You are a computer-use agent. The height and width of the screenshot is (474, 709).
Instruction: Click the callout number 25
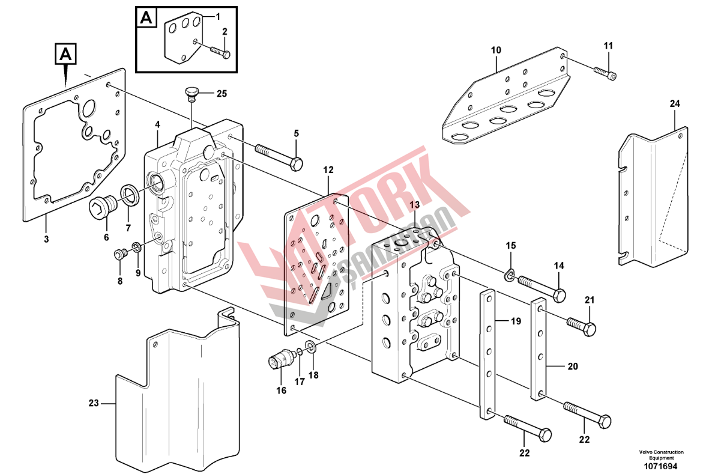click(222, 94)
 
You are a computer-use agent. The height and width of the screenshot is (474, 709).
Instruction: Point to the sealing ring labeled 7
click(129, 193)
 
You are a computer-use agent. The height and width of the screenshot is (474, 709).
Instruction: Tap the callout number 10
click(495, 50)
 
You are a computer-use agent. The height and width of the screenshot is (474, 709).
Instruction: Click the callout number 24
click(675, 105)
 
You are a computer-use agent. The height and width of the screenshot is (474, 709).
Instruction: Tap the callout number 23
click(93, 404)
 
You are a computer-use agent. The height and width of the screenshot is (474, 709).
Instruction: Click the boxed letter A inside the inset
click(146, 17)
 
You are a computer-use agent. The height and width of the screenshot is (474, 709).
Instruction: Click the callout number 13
click(415, 205)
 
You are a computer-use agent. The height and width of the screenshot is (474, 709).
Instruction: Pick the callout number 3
click(46, 240)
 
